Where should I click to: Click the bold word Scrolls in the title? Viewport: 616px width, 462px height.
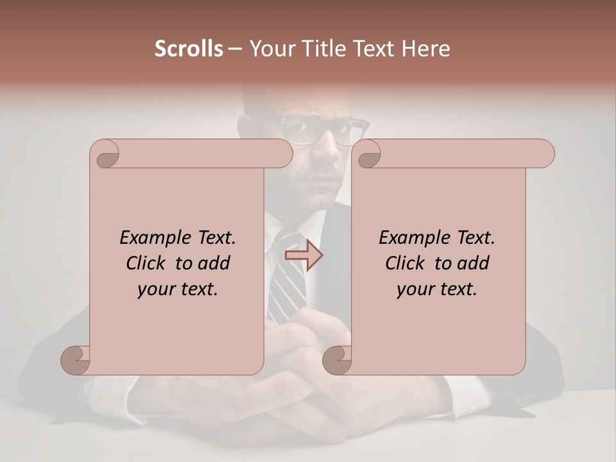[189, 49]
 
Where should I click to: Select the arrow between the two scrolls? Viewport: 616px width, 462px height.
[304, 255]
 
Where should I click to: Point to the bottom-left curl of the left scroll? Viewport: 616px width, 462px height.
[76, 359]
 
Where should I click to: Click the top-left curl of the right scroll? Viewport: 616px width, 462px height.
[368, 154]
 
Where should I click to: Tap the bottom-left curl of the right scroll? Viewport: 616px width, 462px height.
[337, 359]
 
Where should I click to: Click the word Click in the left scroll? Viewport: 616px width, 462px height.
[146, 263]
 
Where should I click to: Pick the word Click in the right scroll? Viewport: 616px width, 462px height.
[405, 263]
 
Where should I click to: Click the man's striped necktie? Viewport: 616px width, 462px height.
[289, 282]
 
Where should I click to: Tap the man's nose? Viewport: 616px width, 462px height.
[327, 151]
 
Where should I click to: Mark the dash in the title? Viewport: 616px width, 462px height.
[235, 49]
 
